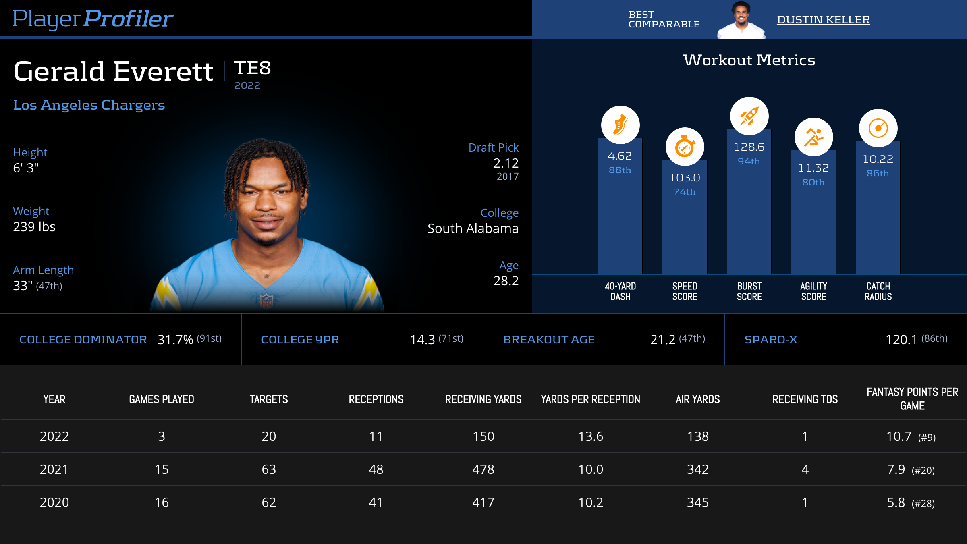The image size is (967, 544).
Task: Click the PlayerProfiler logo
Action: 93,19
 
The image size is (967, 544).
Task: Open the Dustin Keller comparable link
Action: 823,20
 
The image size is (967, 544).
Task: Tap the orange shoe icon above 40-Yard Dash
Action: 620,125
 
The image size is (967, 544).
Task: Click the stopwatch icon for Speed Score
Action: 685,147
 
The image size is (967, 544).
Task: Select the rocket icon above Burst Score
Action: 749,116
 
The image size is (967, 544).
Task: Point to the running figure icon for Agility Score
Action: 813,137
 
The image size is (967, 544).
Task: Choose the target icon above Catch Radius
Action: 878,128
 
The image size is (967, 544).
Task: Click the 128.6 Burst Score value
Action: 749,147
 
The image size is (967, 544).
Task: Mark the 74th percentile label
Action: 685,192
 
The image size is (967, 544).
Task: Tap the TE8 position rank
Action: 253,68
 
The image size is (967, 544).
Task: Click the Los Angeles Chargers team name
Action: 89,105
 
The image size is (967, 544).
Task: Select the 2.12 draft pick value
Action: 506,163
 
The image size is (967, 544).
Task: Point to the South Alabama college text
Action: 473,228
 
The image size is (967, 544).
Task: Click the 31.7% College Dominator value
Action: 175,340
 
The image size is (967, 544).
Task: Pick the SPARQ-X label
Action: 771,340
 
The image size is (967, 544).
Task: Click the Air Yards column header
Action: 697,399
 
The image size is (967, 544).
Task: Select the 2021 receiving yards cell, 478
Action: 483,469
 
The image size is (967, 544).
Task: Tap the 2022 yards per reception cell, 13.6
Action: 590,436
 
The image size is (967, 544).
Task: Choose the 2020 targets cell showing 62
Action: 269,502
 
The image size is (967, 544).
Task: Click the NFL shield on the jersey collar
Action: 266,300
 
